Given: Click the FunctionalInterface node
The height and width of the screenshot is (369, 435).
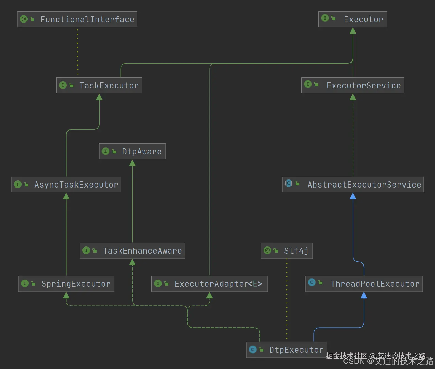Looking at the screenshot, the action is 77,19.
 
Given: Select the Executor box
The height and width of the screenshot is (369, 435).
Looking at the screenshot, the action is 353,19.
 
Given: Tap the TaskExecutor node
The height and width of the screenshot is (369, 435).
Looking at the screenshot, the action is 99,85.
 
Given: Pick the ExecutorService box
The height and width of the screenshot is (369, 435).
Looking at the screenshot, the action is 353,85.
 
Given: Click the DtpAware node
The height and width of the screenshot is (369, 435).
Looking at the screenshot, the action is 132,151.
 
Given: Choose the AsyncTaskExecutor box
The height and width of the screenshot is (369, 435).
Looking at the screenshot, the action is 66,184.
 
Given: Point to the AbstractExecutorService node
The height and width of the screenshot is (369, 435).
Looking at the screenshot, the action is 353,184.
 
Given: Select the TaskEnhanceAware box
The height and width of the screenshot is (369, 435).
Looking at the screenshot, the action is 132,251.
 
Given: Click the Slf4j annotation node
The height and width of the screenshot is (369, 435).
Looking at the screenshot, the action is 287,251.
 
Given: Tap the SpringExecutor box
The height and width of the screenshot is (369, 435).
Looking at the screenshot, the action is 66,284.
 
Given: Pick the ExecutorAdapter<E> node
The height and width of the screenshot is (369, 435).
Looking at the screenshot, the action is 210,284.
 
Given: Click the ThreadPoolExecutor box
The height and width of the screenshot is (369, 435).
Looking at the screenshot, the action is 364,284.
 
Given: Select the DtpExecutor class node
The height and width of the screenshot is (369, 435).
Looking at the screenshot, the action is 287,350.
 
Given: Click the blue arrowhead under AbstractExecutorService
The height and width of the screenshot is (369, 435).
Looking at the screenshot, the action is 353,196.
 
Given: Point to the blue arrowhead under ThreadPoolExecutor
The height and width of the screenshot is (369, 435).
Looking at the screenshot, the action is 364,295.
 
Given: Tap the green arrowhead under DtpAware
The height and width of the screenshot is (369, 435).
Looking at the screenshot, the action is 132,163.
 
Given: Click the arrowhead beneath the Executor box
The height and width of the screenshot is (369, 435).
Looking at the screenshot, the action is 353,31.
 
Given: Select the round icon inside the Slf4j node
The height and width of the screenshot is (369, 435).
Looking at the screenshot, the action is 267,250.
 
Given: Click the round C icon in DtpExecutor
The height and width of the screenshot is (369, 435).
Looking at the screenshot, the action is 253,349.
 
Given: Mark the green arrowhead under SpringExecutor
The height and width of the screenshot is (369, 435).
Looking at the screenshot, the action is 66,295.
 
